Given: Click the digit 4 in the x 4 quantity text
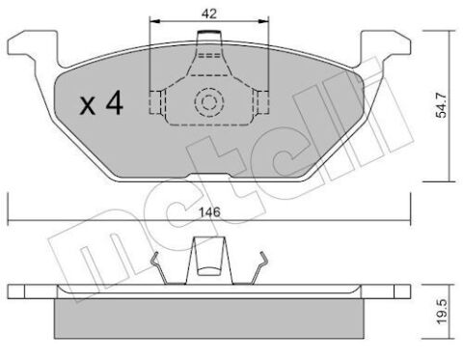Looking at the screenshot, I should click(x=113, y=103).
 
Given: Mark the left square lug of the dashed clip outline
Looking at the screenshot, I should click(x=154, y=100).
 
